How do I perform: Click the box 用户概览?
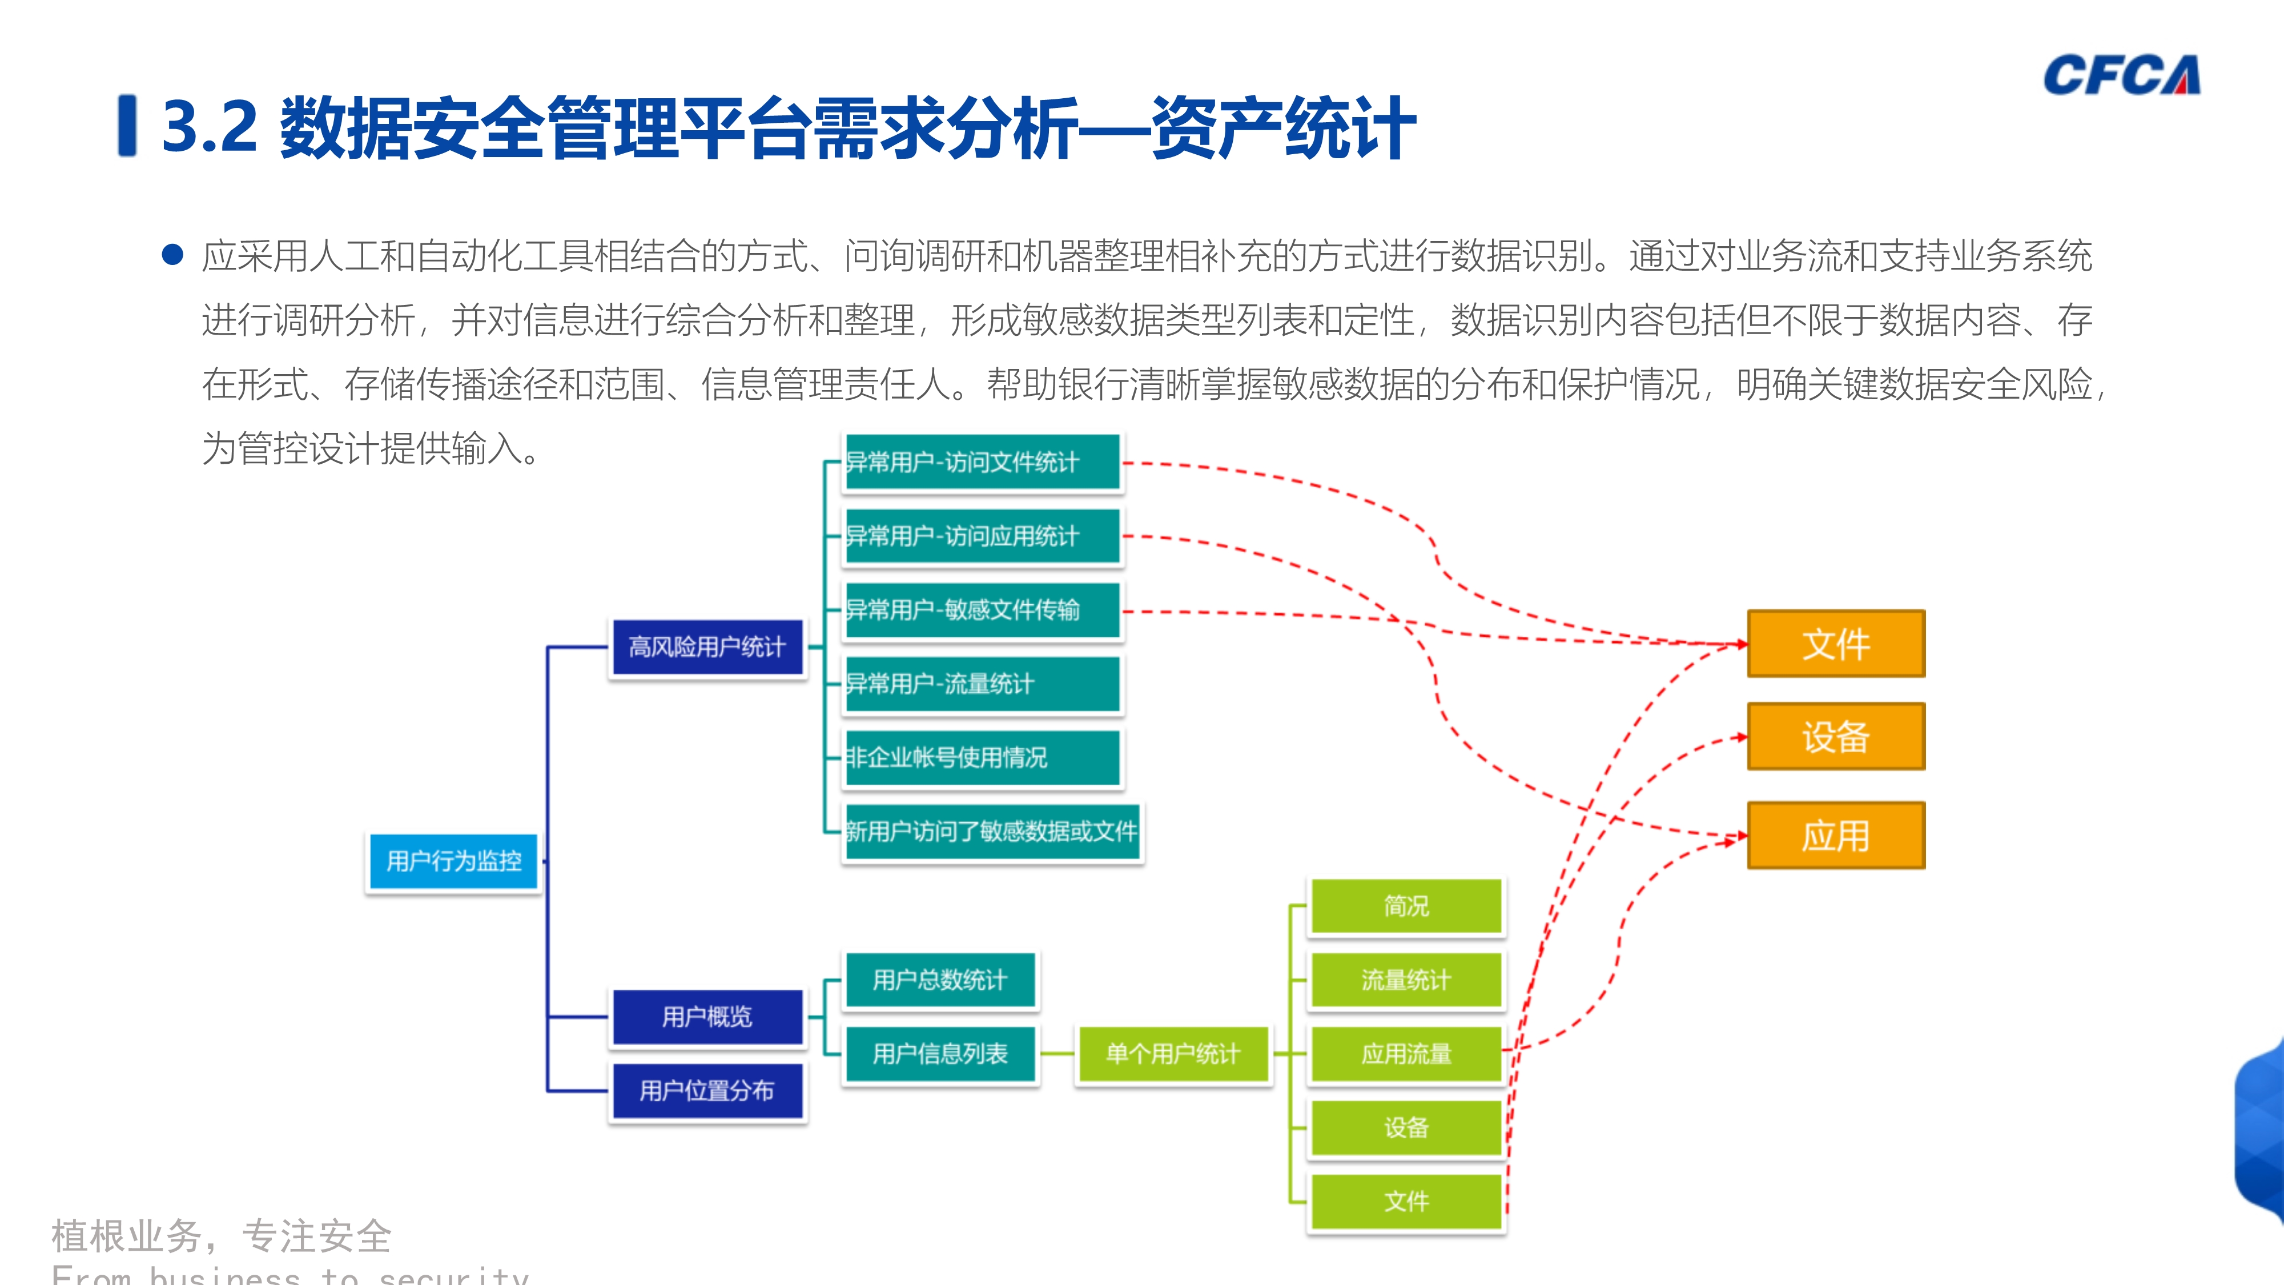pyautogui.click(x=707, y=1017)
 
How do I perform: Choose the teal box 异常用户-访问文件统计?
pyautogui.click(x=982, y=462)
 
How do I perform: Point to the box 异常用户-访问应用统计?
pyautogui.click(x=982, y=536)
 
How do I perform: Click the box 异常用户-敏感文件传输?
pyautogui.click(x=982, y=610)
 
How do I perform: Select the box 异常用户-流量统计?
pyautogui.click(x=982, y=684)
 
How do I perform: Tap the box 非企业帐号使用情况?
pyautogui.click(x=982, y=757)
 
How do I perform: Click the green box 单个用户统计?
pyautogui.click(x=1172, y=1054)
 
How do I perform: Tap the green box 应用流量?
pyautogui.click(x=1406, y=1054)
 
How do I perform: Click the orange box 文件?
pyautogui.click(x=1835, y=644)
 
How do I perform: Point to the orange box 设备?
pyautogui.click(x=1835, y=736)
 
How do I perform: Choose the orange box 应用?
pyautogui.click(x=1835, y=836)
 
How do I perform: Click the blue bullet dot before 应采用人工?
pyautogui.click(x=173, y=255)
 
